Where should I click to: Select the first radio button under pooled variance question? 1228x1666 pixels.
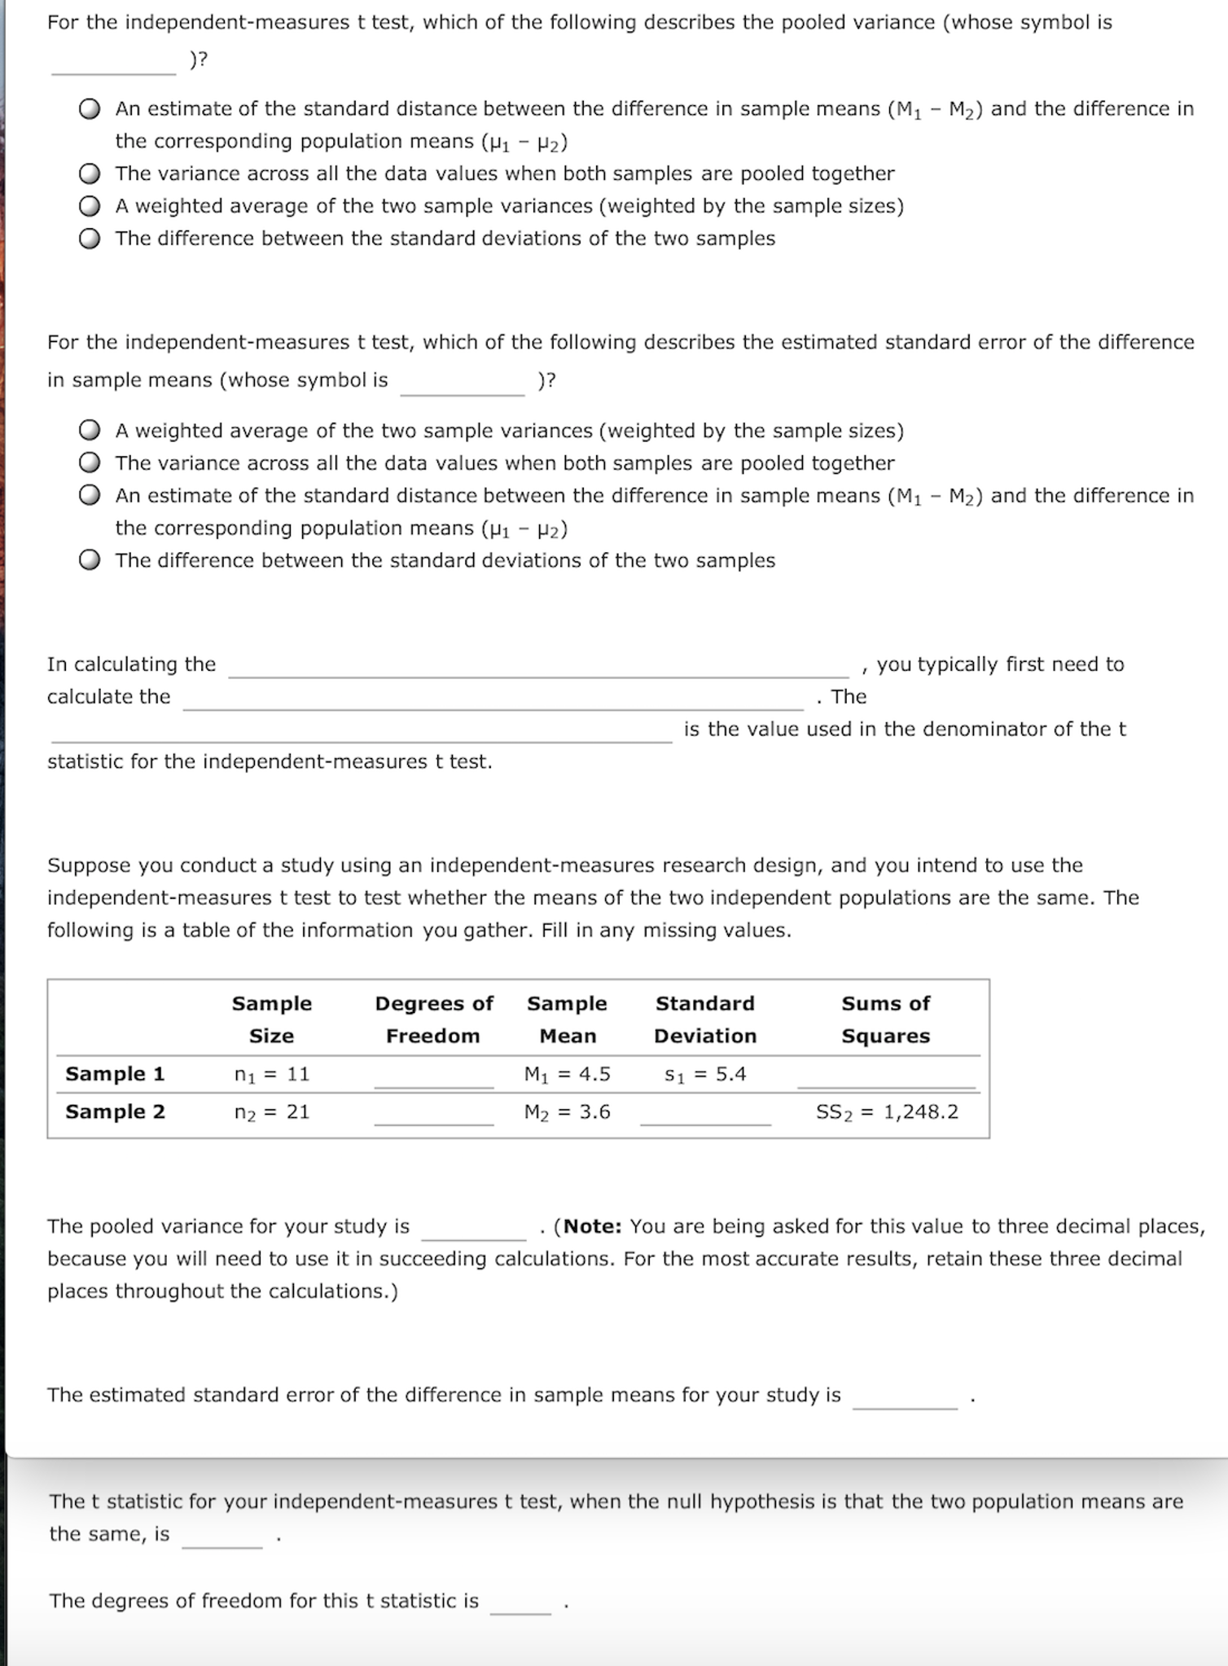point(90,109)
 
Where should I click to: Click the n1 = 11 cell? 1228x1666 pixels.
point(272,1074)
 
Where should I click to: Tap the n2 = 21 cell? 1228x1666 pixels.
point(272,1111)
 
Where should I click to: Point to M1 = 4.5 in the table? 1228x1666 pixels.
point(567,1074)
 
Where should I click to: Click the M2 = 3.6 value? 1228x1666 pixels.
point(567,1111)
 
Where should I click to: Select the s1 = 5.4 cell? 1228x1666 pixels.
point(705,1074)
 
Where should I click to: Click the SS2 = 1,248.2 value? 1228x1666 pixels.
point(887,1111)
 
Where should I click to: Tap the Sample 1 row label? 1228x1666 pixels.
point(115,1074)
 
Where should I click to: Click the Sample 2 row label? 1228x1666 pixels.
point(115,1111)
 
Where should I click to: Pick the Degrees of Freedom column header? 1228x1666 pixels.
point(433,1019)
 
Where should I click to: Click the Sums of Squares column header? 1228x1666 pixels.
point(885,1019)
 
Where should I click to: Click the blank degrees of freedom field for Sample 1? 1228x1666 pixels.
point(433,1076)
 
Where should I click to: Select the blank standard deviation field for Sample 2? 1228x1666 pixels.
point(705,1114)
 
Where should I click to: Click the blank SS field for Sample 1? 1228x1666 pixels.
point(886,1076)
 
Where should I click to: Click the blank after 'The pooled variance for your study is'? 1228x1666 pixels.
point(474,1229)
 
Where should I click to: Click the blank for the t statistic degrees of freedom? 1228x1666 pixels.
point(520,1602)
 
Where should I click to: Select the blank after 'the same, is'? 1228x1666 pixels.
point(222,1536)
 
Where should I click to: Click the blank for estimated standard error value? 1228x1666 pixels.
point(905,1397)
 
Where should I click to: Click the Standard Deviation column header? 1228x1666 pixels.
point(705,1019)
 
